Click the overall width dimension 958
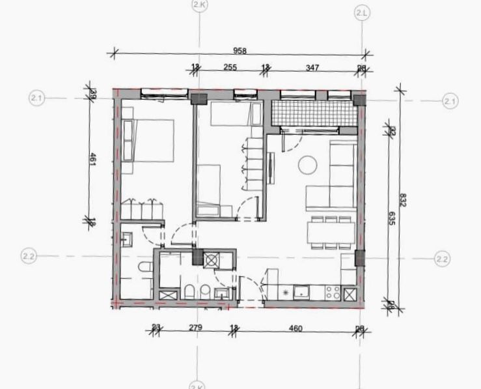coord(238,50)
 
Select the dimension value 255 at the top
coord(230,67)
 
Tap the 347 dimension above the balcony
coord(312,67)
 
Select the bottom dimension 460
coord(295,328)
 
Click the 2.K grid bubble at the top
coord(199,5)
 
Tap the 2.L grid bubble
coord(362,12)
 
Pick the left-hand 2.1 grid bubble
coord(36,98)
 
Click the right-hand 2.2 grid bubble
coord(442,258)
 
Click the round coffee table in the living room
coord(307,166)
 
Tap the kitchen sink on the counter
coord(301,292)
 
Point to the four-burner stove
coord(332,292)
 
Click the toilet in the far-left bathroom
coord(143,267)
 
